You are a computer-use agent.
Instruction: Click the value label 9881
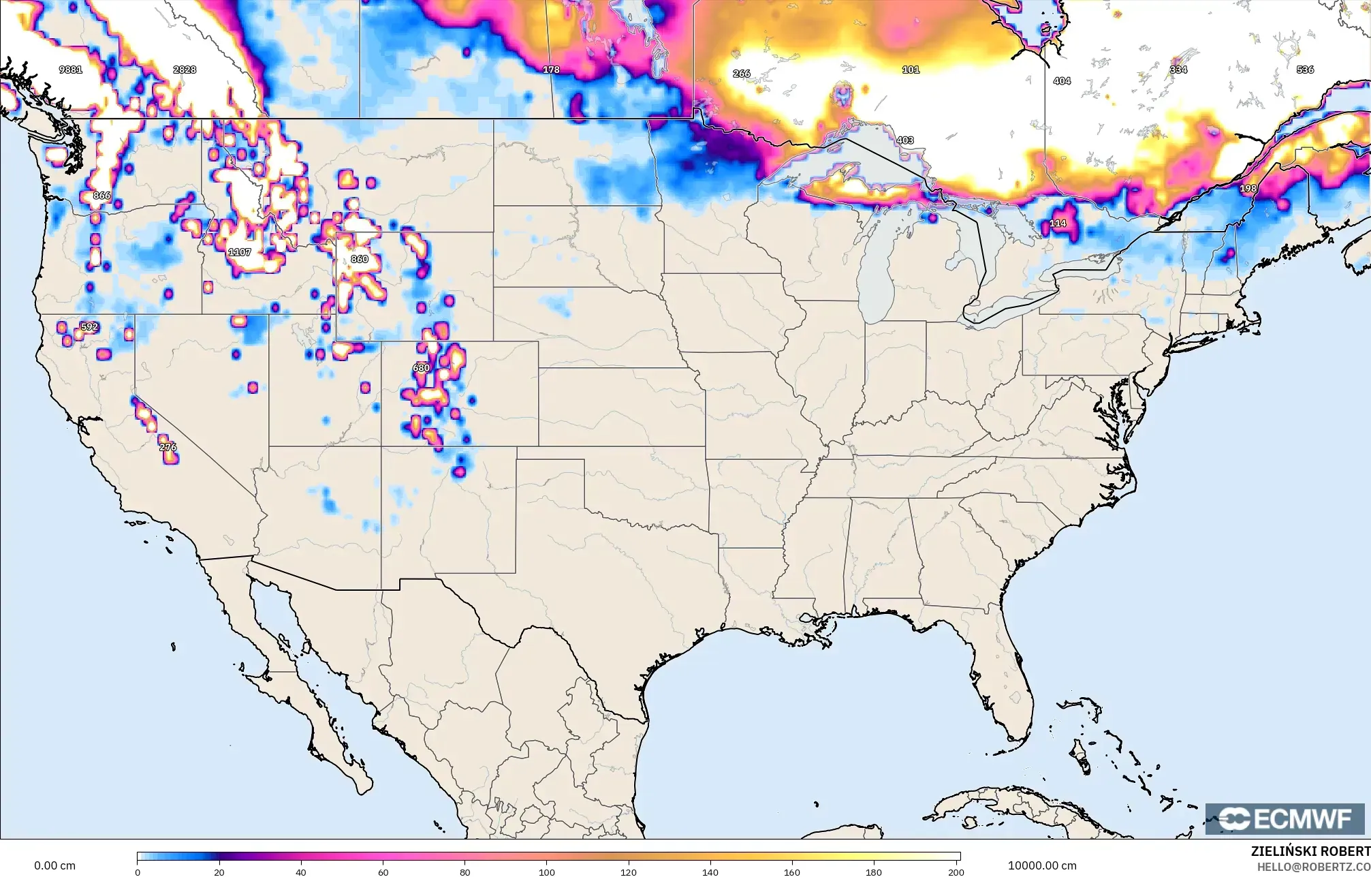click(71, 70)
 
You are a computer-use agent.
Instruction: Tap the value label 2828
click(185, 70)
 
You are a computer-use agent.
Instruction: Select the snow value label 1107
click(240, 252)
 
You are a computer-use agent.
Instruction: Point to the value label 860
click(360, 259)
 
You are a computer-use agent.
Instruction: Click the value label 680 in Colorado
click(422, 368)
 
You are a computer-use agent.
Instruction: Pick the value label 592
click(89, 327)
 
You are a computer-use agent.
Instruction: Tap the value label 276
click(168, 447)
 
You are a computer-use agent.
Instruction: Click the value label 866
click(101, 196)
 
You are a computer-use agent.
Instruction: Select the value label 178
click(551, 70)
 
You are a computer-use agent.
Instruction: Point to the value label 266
click(742, 74)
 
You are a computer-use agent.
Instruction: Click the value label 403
click(905, 140)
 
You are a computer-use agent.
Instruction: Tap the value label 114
click(1058, 224)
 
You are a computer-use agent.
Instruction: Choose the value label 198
click(1248, 189)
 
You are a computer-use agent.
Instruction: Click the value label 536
click(1305, 70)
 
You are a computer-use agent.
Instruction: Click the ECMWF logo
click(1285, 818)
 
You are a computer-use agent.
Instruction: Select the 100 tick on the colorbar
click(547, 872)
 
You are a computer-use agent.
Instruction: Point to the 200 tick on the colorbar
click(956, 872)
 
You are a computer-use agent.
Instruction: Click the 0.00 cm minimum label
click(54, 865)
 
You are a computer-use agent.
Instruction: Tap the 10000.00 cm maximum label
click(1042, 865)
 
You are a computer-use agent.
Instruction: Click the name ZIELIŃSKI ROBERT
click(1310, 851)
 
